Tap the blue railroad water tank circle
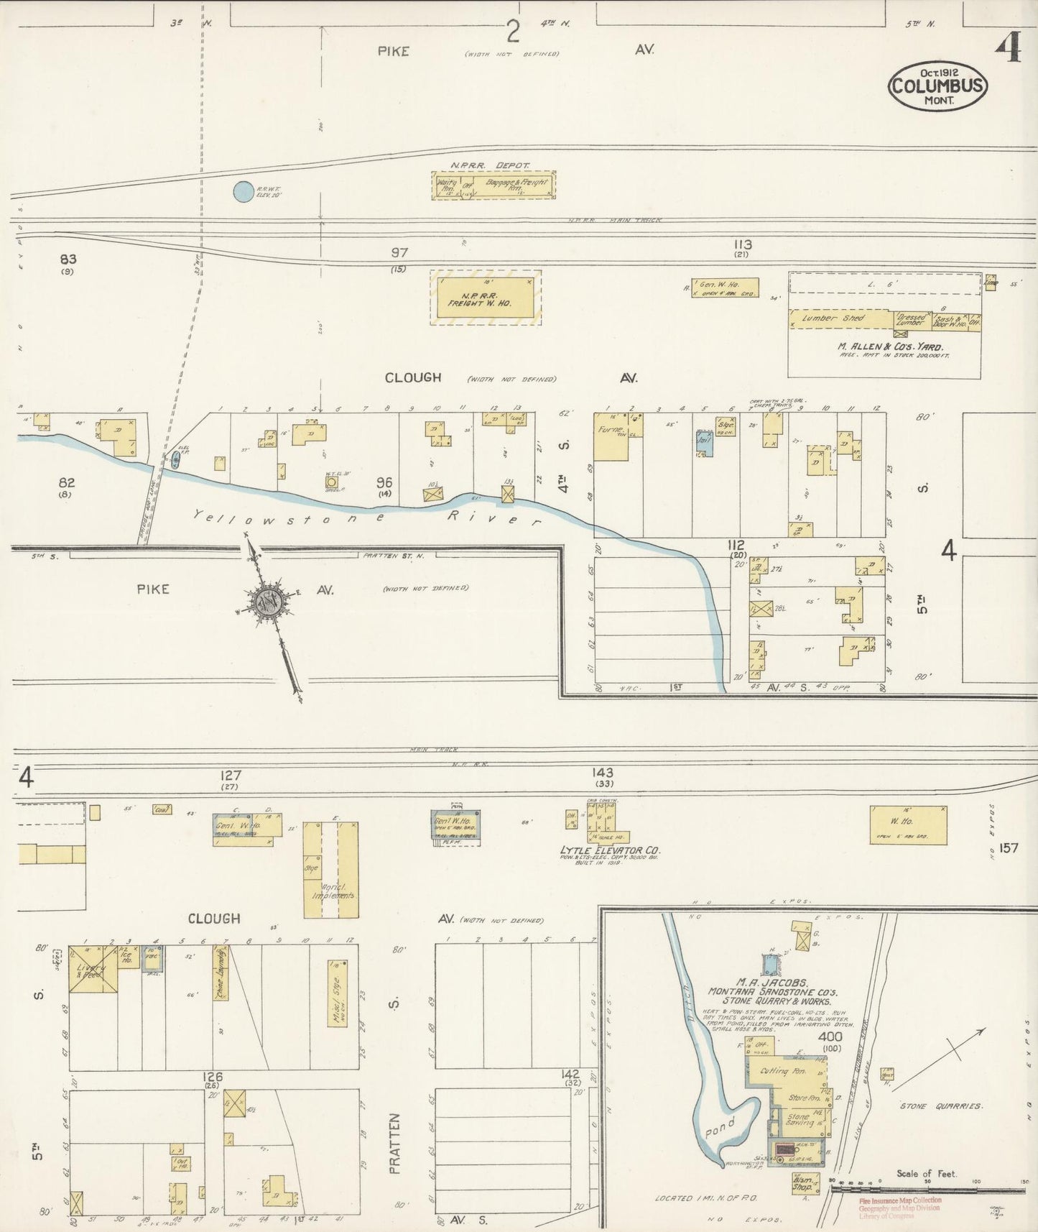pos(244,191)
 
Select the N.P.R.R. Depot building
pos(493,185)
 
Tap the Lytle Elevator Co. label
pos(610,850)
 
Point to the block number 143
pos(603,773)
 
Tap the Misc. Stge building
pos(336,993)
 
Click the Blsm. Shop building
pos(802,1183)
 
